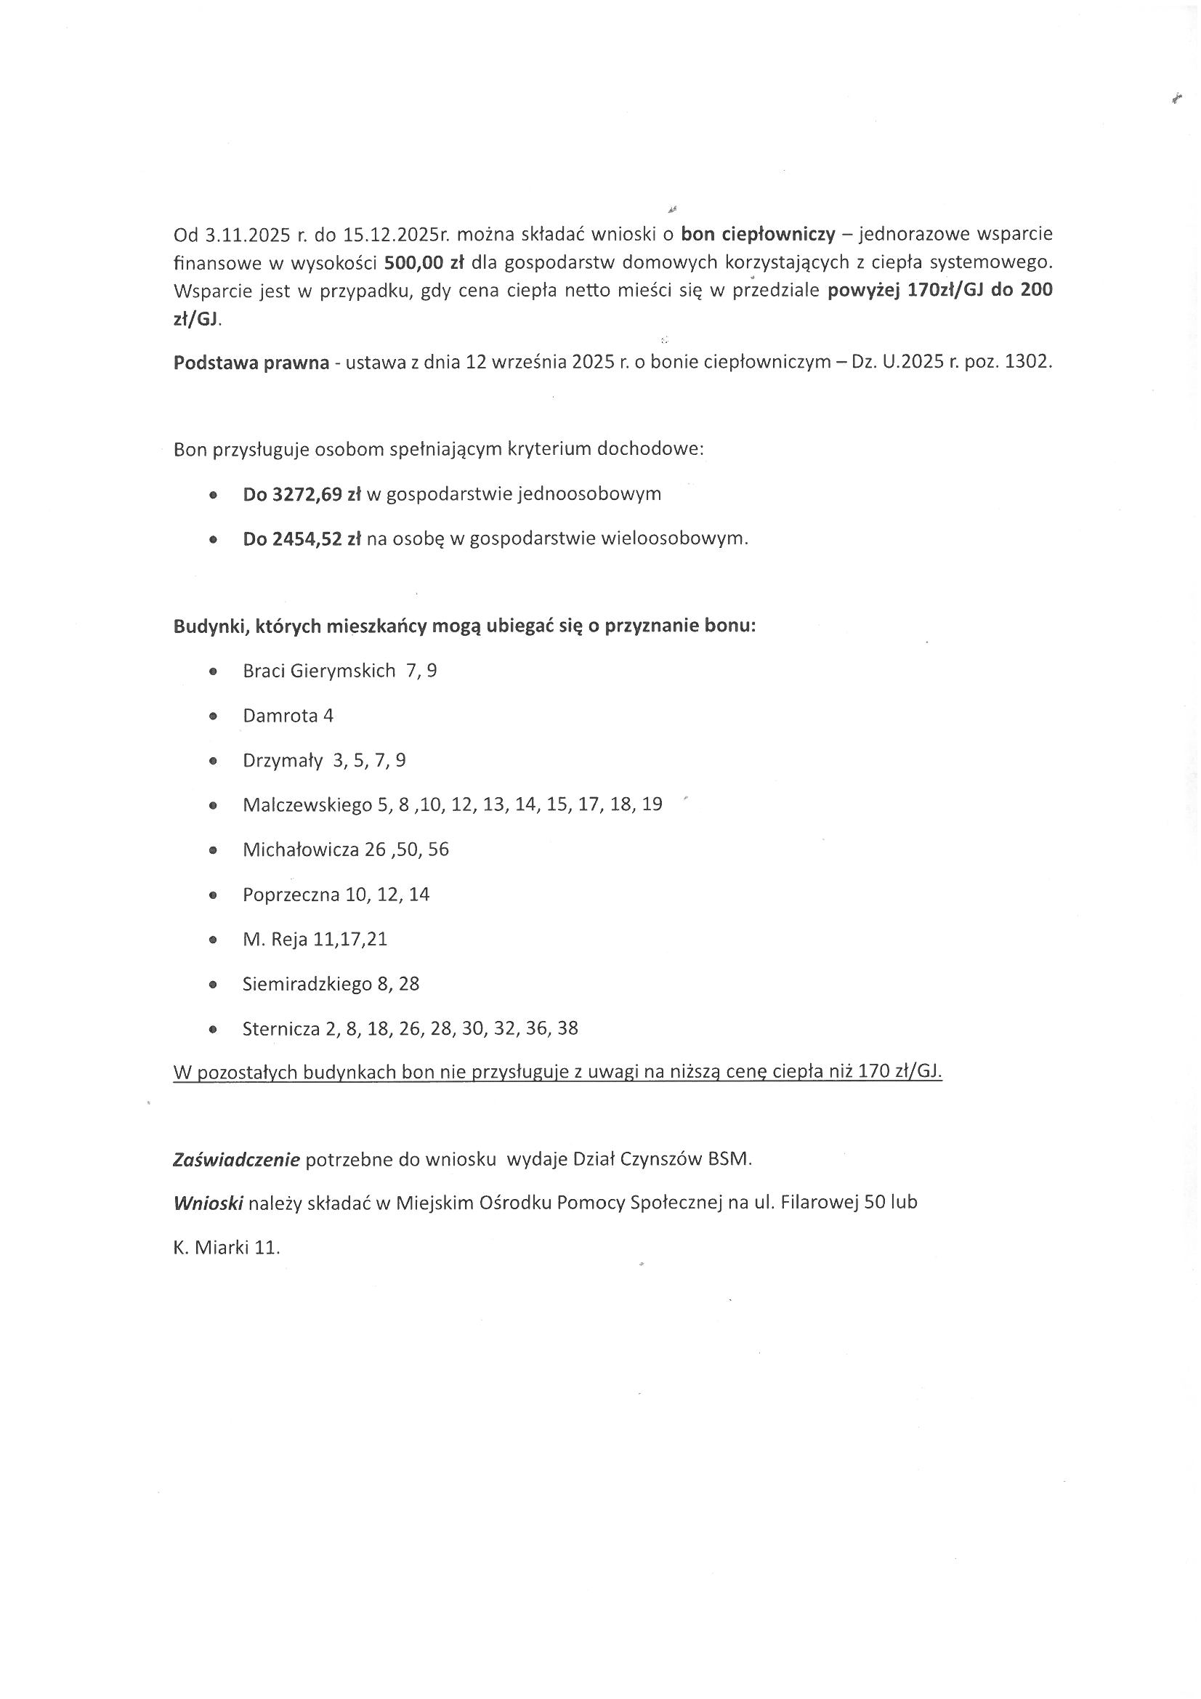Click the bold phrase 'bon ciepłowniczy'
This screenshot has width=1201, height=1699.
pyautogui.click(x=758, y=235)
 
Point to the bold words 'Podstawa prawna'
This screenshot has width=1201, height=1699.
pyautogui.click(x=251, y=363)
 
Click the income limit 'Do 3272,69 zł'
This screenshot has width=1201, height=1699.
pyautogui.click(x=302, y=494)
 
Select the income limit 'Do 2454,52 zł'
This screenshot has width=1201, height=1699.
pyautogui.click(x=302, y=539)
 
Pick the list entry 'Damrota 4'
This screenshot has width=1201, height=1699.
pyautogui.click(x=288, y=716)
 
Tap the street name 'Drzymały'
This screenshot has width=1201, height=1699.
pyautogui.click(x=283, y=761)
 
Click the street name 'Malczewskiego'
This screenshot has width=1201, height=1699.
pyautogui.click(x=307, y=805)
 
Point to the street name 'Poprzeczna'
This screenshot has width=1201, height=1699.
pyautogui.click(x=291, y=895)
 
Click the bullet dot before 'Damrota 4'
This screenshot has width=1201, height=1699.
pyautogui.click(x=213, y=717)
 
